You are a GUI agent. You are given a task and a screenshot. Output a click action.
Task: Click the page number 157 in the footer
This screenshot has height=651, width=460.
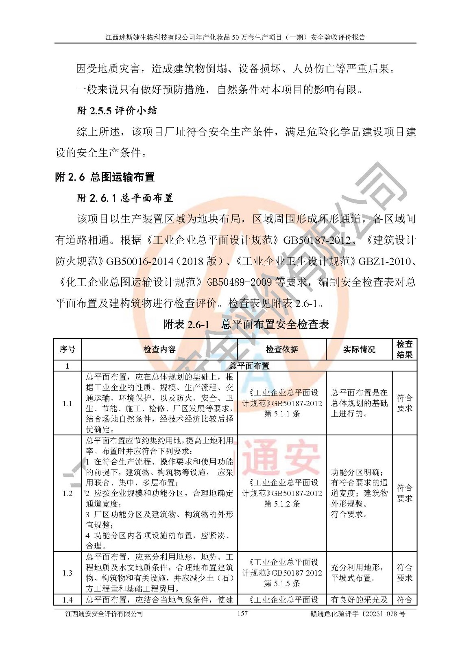(x=242, y=614)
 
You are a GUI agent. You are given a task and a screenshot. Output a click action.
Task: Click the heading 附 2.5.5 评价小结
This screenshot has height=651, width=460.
(x=117, y=111)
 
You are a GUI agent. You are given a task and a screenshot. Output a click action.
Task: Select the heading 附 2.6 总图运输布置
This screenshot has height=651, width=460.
(x=105, y=177)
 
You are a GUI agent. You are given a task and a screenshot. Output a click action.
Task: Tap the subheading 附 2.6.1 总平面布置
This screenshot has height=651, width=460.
(x=125, y=198)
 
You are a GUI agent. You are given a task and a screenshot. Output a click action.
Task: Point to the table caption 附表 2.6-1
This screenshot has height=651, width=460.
(x=186, y=324)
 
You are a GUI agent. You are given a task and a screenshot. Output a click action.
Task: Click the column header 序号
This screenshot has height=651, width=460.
(x=68, y=350)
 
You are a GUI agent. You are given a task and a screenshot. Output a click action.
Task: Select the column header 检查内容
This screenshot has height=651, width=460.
(x=159, y=350)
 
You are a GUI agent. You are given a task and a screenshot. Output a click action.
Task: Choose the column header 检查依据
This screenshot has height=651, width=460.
(x=282, y=350)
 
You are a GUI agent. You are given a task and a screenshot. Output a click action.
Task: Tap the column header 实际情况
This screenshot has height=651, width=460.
(x=359, y=350)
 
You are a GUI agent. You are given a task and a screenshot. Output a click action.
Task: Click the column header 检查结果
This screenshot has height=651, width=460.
(x=404, y=350)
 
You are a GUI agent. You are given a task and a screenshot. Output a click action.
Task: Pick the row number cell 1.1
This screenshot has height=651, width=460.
(x=68, y=403)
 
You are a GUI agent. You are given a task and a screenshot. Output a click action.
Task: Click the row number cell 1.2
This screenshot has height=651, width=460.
(x=68, y=493)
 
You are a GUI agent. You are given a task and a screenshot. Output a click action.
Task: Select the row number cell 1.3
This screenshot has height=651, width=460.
(x=68, y=573)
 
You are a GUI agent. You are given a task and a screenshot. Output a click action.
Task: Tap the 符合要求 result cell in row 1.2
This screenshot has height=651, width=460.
(x=404, y=493)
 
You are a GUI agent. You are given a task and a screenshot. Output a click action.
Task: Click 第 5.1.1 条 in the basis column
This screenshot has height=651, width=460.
(x=282, y=414)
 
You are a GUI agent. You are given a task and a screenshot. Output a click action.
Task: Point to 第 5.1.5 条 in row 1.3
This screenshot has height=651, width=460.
(x=282, y=583)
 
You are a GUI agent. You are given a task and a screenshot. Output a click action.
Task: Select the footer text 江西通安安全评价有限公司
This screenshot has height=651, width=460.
(x=105, y=614)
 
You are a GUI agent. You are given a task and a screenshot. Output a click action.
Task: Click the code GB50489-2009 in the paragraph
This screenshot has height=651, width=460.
(x=239, y=282)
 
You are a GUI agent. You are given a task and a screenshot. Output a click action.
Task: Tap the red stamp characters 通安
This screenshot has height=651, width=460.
(x=282, y=458)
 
